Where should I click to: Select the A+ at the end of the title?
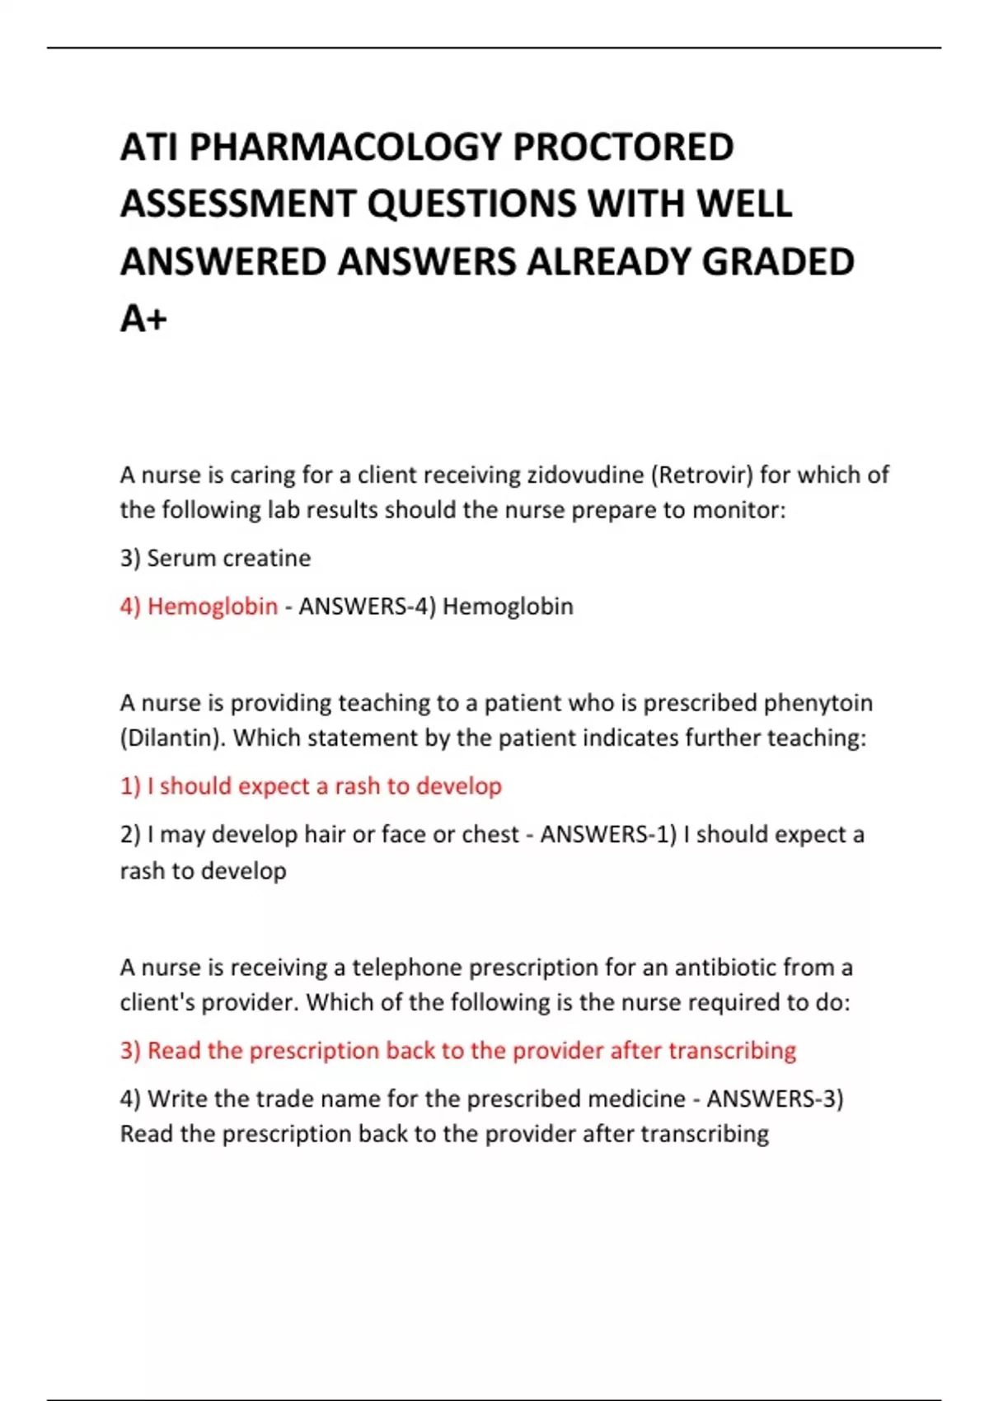click(x=143, y=319)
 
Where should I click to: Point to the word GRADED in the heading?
click(x=778, y=262)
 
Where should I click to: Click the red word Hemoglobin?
click(x=213, y=607)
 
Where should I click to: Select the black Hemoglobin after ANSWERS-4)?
click(x=508, y=607)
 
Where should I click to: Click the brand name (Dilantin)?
click(x=173, y=738)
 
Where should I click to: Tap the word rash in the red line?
click(x=357, y=786)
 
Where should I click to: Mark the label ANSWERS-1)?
click(x=608, y=835)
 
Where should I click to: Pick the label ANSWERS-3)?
click(x=775, y=1099)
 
